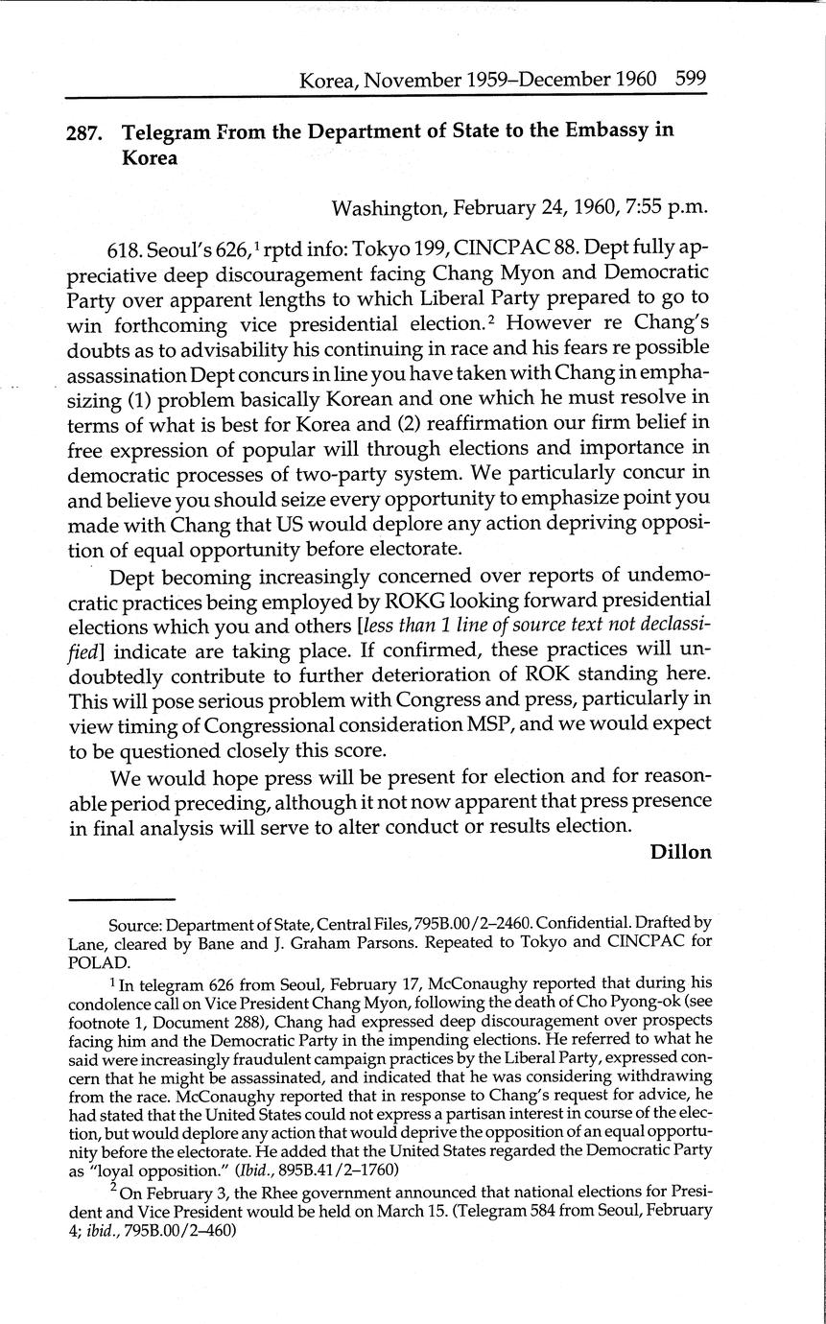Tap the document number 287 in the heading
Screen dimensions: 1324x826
(x=84, y=132)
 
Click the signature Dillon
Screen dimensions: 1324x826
(x=680, y=852)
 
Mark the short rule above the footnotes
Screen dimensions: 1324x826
(x=121, y=899)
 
